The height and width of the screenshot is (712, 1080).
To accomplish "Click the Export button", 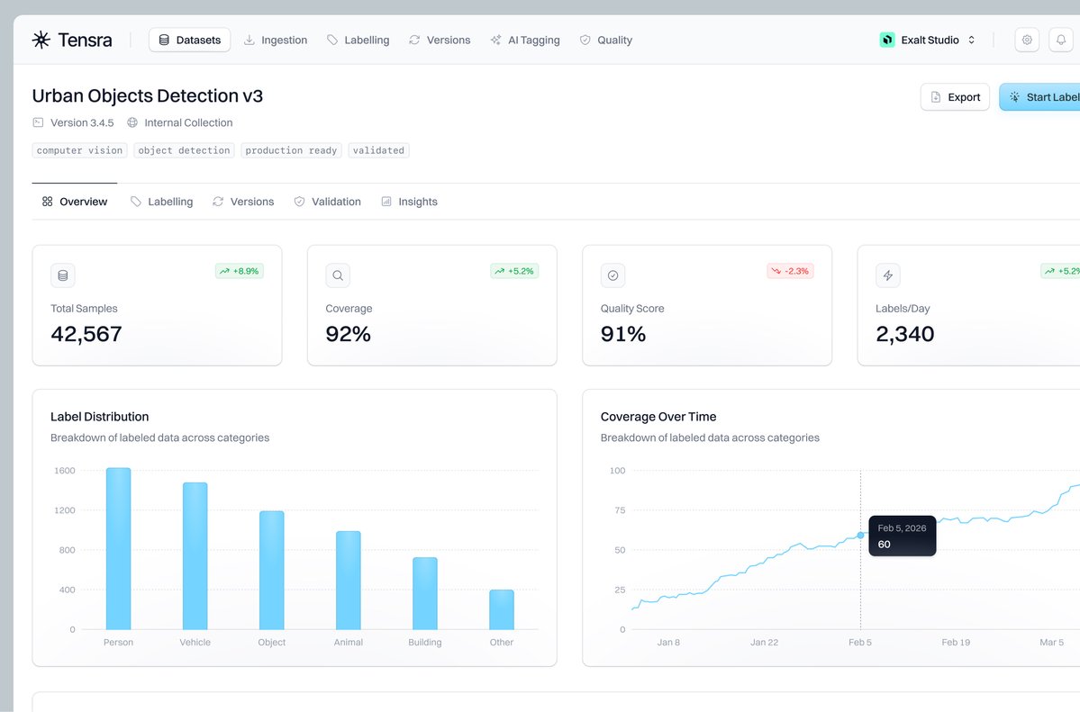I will click(x=955, y=97).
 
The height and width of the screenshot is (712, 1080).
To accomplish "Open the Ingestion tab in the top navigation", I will click(x=276, y=41).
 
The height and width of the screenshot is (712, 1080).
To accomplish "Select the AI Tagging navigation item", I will click(x=525, y=41).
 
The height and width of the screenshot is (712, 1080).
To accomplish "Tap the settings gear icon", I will click(x=1027, y=41).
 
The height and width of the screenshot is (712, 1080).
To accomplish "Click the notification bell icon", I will click(x=1061, y=41).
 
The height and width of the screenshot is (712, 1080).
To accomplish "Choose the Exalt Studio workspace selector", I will click(x=928, y=41).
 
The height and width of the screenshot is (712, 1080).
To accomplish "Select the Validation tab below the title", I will click(x=327, y=202).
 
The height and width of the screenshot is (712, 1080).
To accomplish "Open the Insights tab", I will click(x=409, y=202).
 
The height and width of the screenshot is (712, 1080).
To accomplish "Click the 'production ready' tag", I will click(x=291, y=150).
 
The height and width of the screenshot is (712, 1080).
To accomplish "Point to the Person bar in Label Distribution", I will click(x=118, y=549).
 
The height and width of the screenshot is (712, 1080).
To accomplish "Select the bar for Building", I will click(x=425, y=594).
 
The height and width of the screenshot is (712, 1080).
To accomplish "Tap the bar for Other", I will click(x=502, y=610).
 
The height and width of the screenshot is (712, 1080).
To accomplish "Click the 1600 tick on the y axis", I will click(x=65, y=471).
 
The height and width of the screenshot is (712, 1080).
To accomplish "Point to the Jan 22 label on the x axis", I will click(x=764, y=643).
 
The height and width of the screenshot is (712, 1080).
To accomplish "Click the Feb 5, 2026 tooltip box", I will click(x=902, y=536).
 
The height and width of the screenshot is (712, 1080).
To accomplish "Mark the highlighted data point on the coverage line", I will click(x=860, y=535).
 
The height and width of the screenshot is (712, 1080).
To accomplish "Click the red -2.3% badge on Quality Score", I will click(x=790, y=271).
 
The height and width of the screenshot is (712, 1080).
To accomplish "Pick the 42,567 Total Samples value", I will click(x=86, y=334).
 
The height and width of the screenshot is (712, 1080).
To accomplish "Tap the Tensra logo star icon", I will click(x=41, y=40).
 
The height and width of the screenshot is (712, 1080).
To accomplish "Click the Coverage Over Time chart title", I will click(x=658, y=417).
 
